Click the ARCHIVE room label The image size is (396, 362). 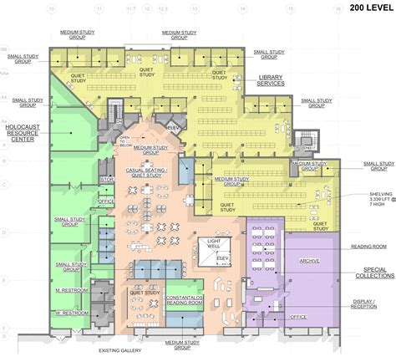[x=310, y=261]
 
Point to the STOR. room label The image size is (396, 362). [x=107, y=179]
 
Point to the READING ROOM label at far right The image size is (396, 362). [x=368, y=247]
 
